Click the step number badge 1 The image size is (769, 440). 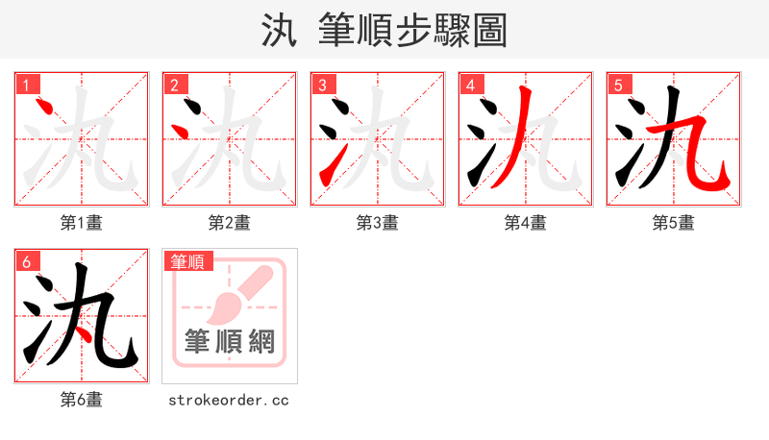[26, 85]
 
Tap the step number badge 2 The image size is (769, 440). [174, 85]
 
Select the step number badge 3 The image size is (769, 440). [322, 85]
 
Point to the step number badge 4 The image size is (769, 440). [470, 85]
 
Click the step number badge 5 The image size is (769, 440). [618, 85]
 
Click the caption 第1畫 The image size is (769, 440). [82, 223]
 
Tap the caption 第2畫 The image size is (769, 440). [230, 223]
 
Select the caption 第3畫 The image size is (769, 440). [378, 223]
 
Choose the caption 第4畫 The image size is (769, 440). [526, 223]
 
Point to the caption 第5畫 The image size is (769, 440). [674, 223]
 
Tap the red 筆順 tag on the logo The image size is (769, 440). [188, 261]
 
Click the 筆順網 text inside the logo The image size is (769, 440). [230, 342]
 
